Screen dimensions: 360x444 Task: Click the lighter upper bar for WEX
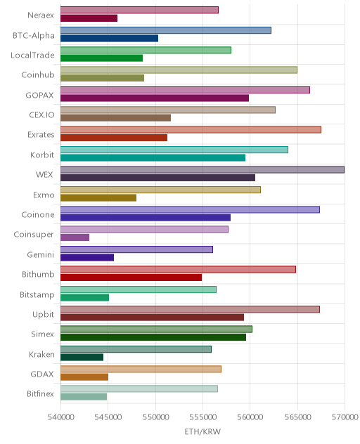(x=202, y=169)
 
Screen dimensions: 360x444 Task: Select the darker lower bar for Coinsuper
(x=75, y=237)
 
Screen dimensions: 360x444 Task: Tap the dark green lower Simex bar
(x=153, y=337)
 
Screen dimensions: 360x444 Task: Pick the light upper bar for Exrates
(x=191, y=130)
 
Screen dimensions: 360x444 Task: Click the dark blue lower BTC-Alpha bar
(x=110, y=38)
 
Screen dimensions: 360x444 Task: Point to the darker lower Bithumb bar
(x=131, y=277)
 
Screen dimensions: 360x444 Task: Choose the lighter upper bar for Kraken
(x=136, y=349)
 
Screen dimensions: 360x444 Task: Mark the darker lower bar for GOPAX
(x=155, y=98)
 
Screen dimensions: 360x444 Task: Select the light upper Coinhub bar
(x=179, y=70)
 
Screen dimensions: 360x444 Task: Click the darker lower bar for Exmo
(x=98, y=197)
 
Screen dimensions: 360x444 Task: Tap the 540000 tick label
(x=61, y=417)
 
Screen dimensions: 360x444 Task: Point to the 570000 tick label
(x=345, y=417)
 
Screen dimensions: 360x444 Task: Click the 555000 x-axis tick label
(x=203, y=417)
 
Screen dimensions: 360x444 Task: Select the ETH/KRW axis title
(x=202, y=431)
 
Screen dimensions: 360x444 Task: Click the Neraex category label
(x=41, y=15)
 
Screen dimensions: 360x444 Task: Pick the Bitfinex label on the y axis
(x=40, y=394)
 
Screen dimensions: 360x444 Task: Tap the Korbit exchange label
(x=42, y=155)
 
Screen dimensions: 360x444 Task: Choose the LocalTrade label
(x=32, y=55)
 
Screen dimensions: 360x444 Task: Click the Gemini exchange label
(x=41, y=254)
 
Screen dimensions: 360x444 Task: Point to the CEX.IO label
(x=41, y=115)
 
